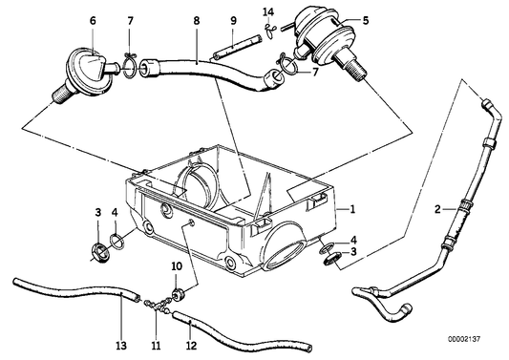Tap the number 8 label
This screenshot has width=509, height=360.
point(195,19)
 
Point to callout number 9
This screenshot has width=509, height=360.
point(232,20)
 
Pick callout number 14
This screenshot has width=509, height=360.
point(268,11)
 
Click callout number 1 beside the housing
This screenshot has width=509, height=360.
point(352,208)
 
